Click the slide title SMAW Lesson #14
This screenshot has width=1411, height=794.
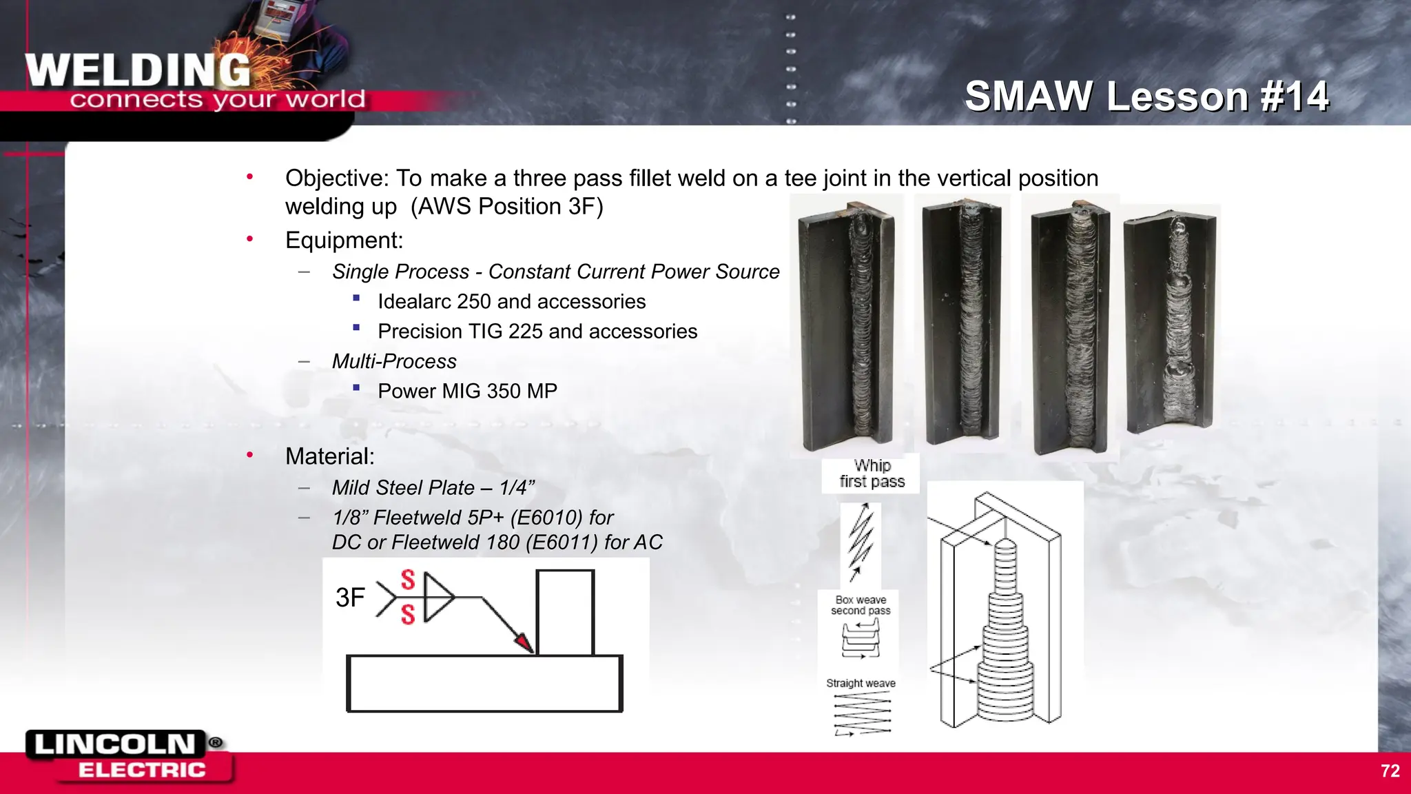pyautogui.click(x=1146, y=96)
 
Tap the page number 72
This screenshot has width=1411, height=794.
pyautogui.click(x=1390, y=771)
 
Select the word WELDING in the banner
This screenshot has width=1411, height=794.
pyautogui.click(x=138, y=70)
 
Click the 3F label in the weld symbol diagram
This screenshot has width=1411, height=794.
pyautogui.click(x=350, y=598)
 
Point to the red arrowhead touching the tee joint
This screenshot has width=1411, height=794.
pyautogui.click(x=525, y=642)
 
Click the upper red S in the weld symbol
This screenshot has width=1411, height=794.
pyautogui.click(x=408, y=580)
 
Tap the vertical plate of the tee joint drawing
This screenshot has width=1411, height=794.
pyautogui.click(x=565, y=612)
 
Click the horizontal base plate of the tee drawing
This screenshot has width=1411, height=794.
pyautogui.click(x=484, y=683)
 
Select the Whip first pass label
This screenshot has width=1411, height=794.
pyautogui.click(x=872, y=474)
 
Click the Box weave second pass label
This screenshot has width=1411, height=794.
pyautogui.click(x=861, y=605)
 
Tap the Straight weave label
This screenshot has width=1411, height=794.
pyautogui.click(x=861, y=683)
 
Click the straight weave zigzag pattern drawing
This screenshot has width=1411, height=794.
pyautogui.click(x=862, y=714)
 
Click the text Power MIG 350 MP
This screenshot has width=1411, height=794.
pyautogui.click(x=467, y=391)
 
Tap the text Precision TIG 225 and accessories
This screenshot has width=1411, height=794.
pyautogui.click(x=537, y=332)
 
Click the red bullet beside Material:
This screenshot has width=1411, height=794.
pyautogui.click(x=250, y=455)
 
